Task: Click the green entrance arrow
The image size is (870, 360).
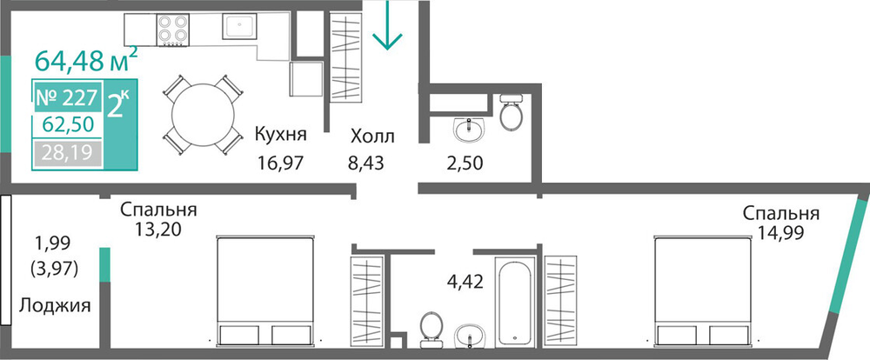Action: pos(387,25)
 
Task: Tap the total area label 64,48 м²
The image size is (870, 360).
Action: pos(86,59)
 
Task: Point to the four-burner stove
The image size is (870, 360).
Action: pos(173,30)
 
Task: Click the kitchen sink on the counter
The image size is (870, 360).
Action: pos(239,26)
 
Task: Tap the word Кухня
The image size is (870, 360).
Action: pos(281,134)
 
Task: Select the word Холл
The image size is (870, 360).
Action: pos(372,137)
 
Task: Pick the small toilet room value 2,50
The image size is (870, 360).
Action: pos(464,163)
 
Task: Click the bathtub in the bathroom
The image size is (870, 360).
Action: pos(516,303)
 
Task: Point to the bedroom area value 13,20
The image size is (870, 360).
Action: pos(157,228)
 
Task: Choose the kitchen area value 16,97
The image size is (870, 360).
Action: pos(281,163)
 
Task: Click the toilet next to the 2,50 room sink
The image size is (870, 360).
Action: pos(511,112)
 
